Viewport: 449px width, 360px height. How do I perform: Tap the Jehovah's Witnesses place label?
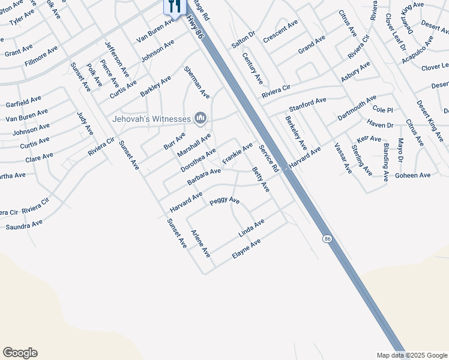point(151,119)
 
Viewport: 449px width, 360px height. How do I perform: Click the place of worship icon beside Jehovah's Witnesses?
point(200,119)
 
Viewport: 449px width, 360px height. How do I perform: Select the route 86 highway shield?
point(327,238)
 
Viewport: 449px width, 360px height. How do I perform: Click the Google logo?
point(20,353)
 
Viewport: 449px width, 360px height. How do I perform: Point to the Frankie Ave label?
point(238,154)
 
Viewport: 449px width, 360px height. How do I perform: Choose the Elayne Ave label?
point(246,249)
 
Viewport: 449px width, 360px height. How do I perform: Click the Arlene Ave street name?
point(200,244)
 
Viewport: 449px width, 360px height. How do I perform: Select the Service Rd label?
point(268,159)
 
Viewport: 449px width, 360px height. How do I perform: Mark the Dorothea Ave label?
point(198,160)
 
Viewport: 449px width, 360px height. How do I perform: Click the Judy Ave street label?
point(85,123)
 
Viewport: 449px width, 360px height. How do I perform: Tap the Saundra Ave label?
point(24,225)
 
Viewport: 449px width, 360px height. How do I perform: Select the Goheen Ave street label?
point(414,175)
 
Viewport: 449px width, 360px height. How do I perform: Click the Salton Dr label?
point(243,40)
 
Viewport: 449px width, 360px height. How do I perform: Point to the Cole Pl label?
point(382,110)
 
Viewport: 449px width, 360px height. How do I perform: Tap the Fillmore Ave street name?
point(41,56)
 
